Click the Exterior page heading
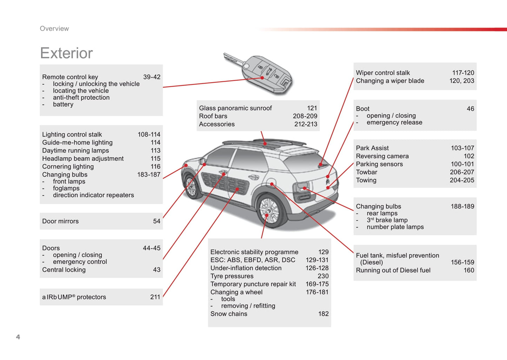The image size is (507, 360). click(x=66, y=53)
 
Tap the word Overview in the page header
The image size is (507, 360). click(x=54, y=28)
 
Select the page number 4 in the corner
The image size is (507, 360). click(x=18, y=337)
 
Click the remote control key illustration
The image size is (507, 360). click(x=258, y=74)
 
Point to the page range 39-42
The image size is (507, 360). click(x=152, y=77)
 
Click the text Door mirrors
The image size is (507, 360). click(x=60, y=221)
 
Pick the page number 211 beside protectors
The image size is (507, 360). click(x=155, y=297)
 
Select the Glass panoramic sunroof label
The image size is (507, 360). click(x=235, y=108)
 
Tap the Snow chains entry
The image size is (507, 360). click(x=229, y=314)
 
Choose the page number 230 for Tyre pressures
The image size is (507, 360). click(x=323, y=276)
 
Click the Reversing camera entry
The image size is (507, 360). click(x=382, y=156)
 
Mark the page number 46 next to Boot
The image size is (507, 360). click(x=470, y=109)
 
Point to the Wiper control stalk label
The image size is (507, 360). click(x=383, y=73)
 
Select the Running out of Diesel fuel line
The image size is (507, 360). click(x=393, y=270)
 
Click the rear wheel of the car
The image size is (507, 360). click(x=269, y=211)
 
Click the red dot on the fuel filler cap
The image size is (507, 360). click(x=272, y=184)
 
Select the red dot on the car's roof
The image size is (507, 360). click(x=265, y=144)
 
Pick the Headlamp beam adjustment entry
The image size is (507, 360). click(x=83, y=159)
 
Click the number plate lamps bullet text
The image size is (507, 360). click(x=395, y=227)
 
